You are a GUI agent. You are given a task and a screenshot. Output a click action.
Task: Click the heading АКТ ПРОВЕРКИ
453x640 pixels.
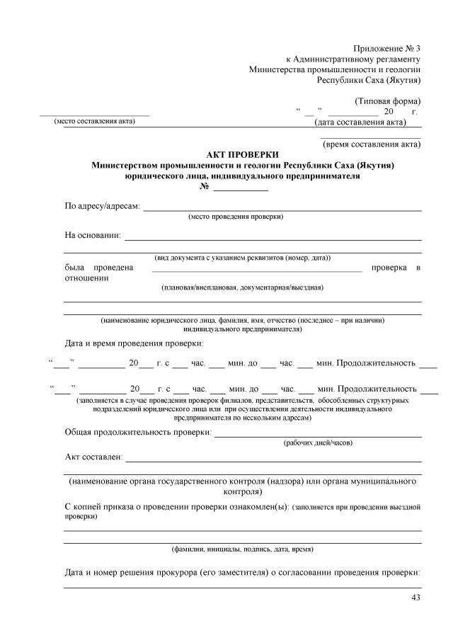tap(243, 154)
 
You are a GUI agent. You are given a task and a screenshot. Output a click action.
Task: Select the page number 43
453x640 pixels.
tap(415, 598)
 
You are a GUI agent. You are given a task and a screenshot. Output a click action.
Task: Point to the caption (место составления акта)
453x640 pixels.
tap(94, 121)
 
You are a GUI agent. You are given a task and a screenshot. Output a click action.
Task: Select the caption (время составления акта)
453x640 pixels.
tap(372, 144)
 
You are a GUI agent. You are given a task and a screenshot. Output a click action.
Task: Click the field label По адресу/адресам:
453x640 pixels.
tap(103, 207)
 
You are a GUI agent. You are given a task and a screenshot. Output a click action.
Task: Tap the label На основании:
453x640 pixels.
tap(93, 235)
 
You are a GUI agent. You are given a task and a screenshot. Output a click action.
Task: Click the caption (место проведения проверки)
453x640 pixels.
tap(236, 216)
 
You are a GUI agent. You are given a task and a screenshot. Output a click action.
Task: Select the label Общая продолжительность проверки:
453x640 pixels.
tap(138, 432)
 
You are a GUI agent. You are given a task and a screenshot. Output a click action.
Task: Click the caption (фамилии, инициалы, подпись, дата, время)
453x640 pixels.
tap(243, 549)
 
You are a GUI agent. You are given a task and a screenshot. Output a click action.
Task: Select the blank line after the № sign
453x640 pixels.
tap(241, 188)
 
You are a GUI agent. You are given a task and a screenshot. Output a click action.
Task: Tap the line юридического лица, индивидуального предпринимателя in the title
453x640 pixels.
tap(243, 176)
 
